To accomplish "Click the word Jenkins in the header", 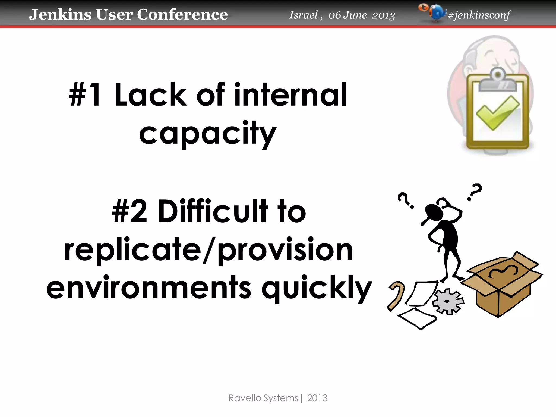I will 60,14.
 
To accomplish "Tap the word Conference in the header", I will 182,14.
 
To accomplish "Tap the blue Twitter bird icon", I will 437,12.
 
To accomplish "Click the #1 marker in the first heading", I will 85,95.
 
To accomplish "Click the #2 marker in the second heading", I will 129,211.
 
